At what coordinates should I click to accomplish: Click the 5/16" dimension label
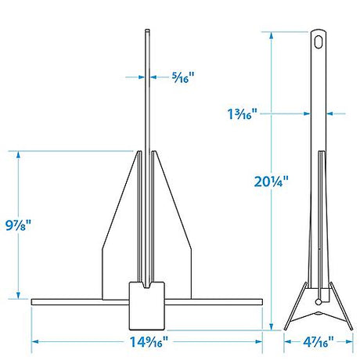(183, 77)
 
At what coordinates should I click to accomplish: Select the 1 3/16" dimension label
(243, 113)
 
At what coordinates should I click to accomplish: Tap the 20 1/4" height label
(272, 182)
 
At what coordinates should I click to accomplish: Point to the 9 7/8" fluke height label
(18, 225)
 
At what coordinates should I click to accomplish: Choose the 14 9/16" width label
(149, 342)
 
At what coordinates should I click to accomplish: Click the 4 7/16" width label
(319, 342)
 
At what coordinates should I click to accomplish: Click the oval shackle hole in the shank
(319, 42)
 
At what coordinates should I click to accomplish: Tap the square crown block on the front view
(147, 305)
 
